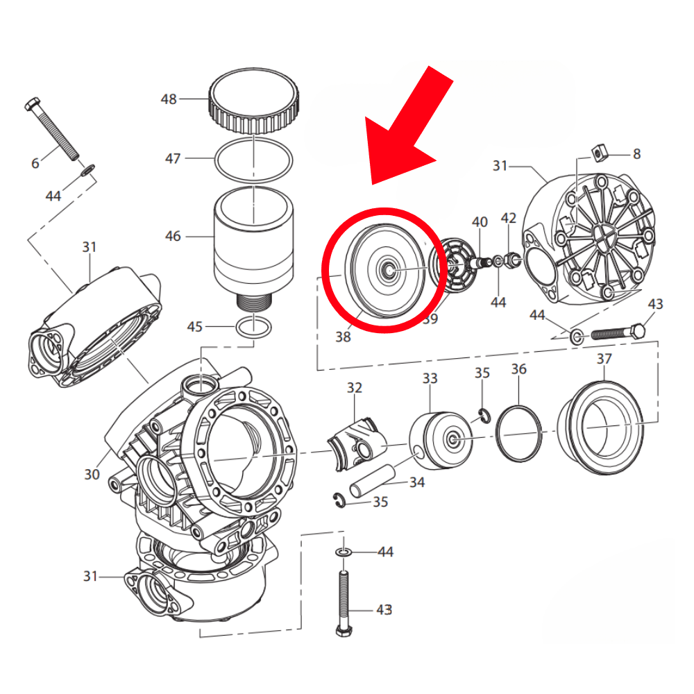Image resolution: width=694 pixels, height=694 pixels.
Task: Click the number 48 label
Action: click(169, 99)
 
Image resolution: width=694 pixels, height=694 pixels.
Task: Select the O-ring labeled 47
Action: click(255, 160)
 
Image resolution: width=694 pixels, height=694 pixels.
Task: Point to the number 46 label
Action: click(173, 237)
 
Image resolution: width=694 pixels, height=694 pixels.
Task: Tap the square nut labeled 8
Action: click(601, 152)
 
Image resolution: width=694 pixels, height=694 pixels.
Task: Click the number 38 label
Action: click(343, 337)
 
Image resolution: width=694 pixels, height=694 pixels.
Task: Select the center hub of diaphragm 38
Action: click(387, 269)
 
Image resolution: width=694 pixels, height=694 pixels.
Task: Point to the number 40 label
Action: click(480, 222)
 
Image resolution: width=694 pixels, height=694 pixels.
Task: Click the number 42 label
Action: click(509, 218)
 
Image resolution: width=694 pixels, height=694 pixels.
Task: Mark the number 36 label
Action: click(519, 369)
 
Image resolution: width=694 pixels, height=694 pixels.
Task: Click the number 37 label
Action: click(604, 359)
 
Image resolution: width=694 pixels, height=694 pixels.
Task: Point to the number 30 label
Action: click(92, 475)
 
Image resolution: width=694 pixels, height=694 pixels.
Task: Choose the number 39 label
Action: click(430, 319)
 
